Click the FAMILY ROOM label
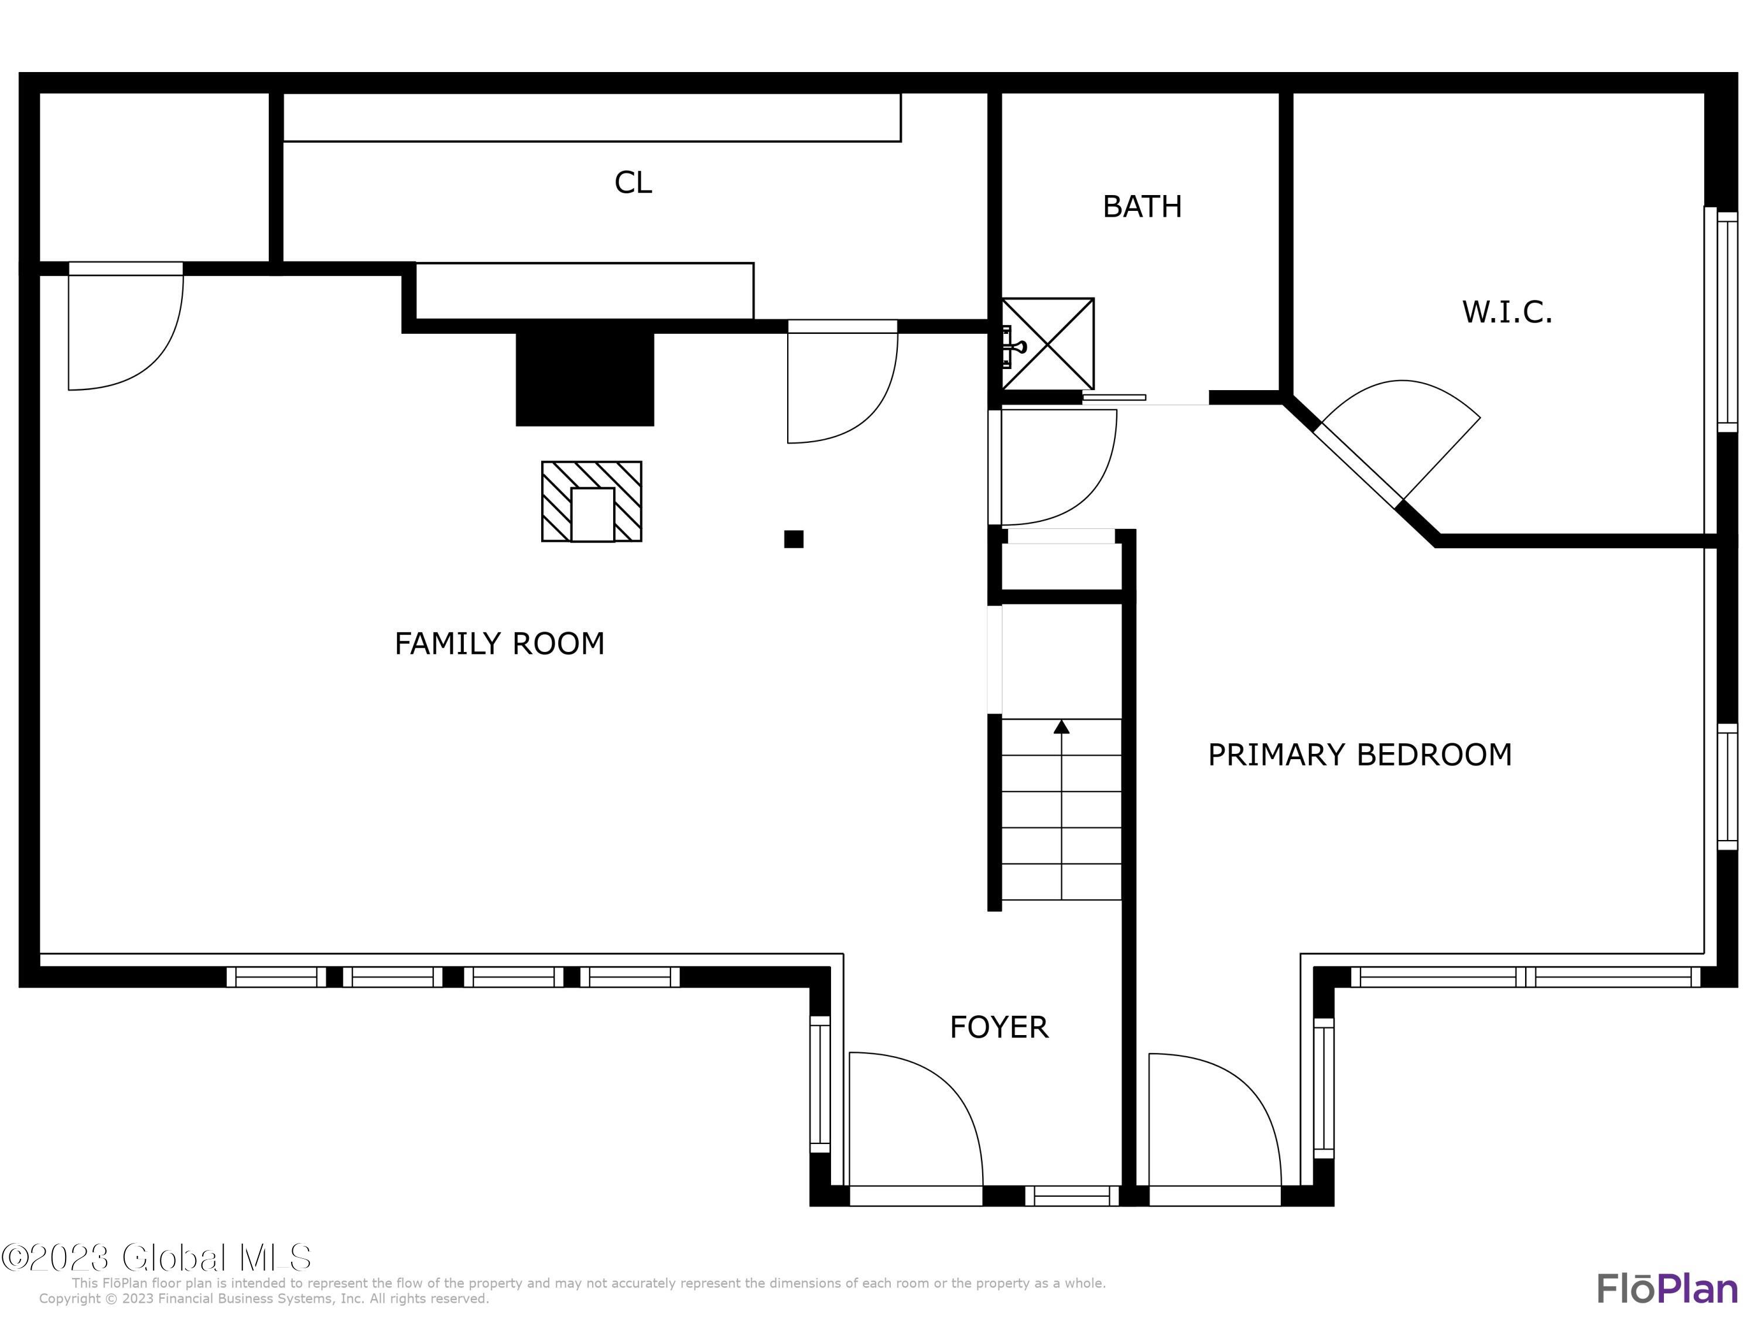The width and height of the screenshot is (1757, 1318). pos(500,644)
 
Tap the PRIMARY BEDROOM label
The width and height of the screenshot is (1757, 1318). pos(1360,754)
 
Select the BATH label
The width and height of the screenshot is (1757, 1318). pos(1142,207)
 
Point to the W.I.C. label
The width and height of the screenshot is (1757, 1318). pos(1507,312)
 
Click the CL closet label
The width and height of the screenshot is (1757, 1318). pos(633,183)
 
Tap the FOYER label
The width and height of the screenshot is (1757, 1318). pos(999,1027)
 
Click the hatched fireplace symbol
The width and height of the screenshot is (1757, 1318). pos(592,501)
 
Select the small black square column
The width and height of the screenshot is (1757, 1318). pos(794,540)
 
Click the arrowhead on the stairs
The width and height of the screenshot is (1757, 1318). pos(1061,727)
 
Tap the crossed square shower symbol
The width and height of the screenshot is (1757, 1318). pos(1048,344)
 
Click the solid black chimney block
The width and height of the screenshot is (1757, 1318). pos(584,379)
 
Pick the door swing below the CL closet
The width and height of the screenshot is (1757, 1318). pos(843,381)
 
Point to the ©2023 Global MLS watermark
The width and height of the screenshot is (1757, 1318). pos(156,1257)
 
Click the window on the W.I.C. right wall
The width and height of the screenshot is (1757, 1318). pos(1728,322)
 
